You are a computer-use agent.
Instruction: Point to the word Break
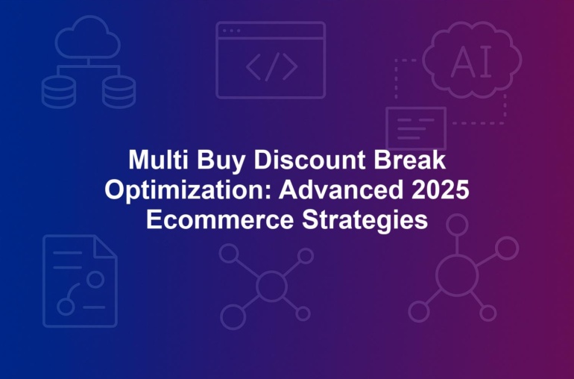coord(410,160)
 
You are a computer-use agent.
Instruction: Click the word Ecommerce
coord(220,220)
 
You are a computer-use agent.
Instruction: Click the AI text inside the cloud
coord(471,63)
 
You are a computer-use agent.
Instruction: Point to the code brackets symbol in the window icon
coord(271,66)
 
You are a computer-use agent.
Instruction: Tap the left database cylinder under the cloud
coord(59,93)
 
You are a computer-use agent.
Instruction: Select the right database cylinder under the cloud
coord(119,93)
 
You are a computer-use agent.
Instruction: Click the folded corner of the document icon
coord(105,246)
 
